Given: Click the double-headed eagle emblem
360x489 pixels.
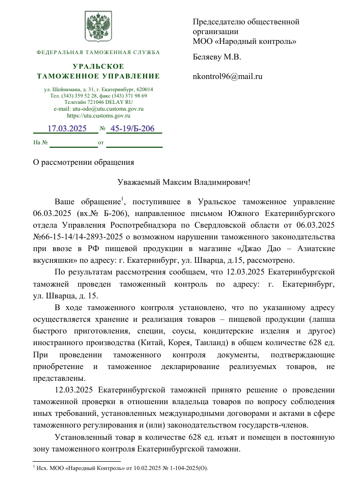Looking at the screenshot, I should [98, 26].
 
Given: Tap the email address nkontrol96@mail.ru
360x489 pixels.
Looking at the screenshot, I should [227, 77].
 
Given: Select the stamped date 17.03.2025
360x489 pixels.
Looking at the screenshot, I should [67, 129].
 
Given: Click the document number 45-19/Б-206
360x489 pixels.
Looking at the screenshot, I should [133, 129].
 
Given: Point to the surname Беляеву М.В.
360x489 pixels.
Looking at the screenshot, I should [217, 57].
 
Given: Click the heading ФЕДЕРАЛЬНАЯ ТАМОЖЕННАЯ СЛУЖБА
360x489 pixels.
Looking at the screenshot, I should [98, 52].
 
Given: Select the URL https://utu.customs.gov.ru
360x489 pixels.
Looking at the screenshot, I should [98, 116].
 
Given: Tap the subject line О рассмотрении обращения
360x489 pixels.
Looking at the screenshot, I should [83, 161].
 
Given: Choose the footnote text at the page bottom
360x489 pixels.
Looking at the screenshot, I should [120, 469].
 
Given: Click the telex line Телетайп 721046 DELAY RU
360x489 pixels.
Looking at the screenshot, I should [98, 102].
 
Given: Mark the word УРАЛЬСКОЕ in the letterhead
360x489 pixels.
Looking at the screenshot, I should [98, 66].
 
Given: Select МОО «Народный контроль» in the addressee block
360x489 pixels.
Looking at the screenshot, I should [245, 41].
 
